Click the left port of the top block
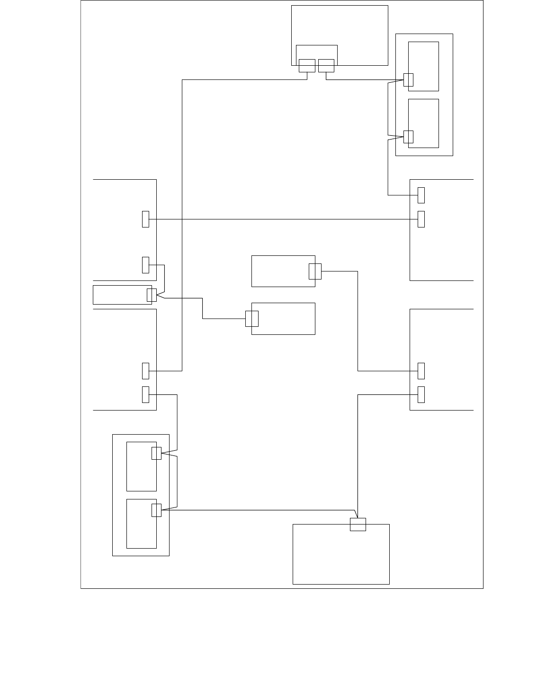[x=307, y=65]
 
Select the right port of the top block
[x=326, y=65]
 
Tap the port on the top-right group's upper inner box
[x=408, y=80]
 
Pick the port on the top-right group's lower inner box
[x=408, y=136]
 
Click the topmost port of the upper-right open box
[x=421, y=195]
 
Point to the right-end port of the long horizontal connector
[x=421, y=219]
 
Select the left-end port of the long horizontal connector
[x=145, y=219]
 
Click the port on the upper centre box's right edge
[x=315, y=271]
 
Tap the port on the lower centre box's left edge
[x=252, y=319]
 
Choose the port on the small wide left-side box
[x=152, y=295]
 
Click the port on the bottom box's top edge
[x=358, y=524]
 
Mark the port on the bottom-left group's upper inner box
[x=156, y=453]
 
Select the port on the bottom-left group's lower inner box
[x=156, y=510]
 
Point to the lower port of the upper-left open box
[x=145, y=265]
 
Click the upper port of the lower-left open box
[x=145, y=371]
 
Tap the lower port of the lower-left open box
[x=145, y=394]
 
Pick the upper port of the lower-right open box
[x=421, y=371]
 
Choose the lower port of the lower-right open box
[x=421, y=394]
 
